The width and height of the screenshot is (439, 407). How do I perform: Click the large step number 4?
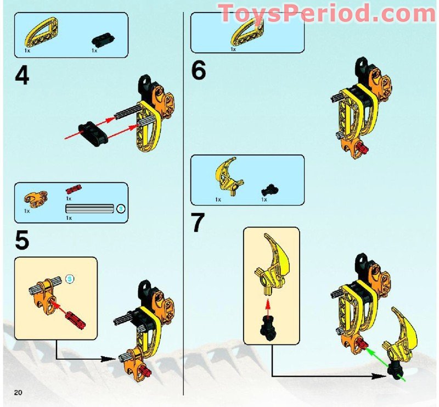coord(22,75)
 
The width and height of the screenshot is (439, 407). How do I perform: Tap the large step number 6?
coord(198,71)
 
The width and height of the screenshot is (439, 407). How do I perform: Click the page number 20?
coord(18,392)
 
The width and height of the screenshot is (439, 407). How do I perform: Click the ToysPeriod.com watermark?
coord(327,13)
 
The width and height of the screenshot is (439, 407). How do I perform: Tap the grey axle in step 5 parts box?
coord(89,208)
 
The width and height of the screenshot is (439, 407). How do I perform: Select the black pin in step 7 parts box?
coord(268,189)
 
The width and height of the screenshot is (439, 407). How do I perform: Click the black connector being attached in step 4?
coord(92,133)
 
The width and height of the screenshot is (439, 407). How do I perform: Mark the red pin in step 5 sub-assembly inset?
coord(72,319)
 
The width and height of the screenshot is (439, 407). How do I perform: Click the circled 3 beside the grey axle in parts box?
coord(121,208)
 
